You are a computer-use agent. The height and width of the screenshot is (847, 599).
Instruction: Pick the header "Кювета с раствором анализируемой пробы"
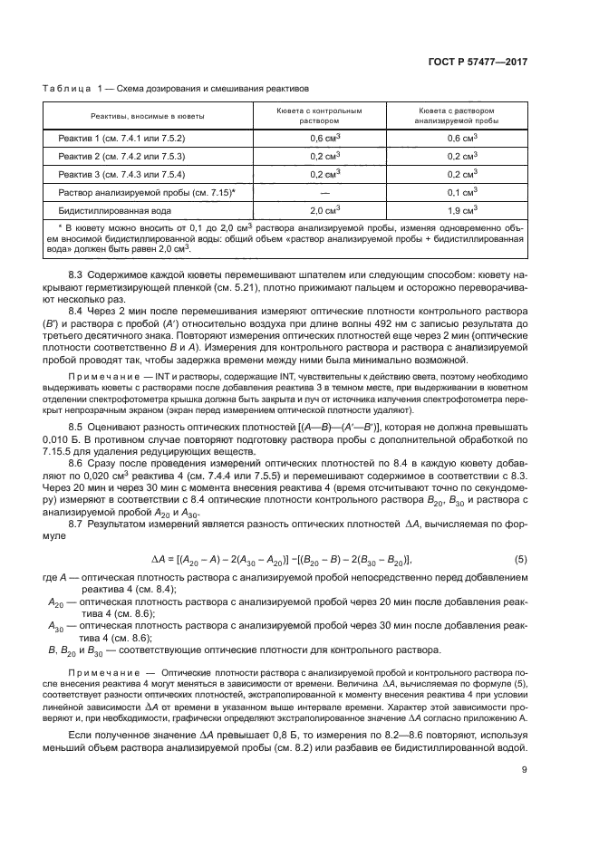[x=462, y=115]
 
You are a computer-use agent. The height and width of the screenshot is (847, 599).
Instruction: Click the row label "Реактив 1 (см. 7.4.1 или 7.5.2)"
[x=121, y=138]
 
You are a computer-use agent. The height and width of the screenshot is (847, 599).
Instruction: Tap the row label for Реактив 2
[x=121, y=156]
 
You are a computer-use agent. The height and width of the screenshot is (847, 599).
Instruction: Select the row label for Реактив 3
[x=121, y=174]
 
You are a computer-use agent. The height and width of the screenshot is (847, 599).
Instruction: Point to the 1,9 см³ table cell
[x=462, y=210]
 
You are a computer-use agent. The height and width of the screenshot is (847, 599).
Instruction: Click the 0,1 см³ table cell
[x=462, y=192]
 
